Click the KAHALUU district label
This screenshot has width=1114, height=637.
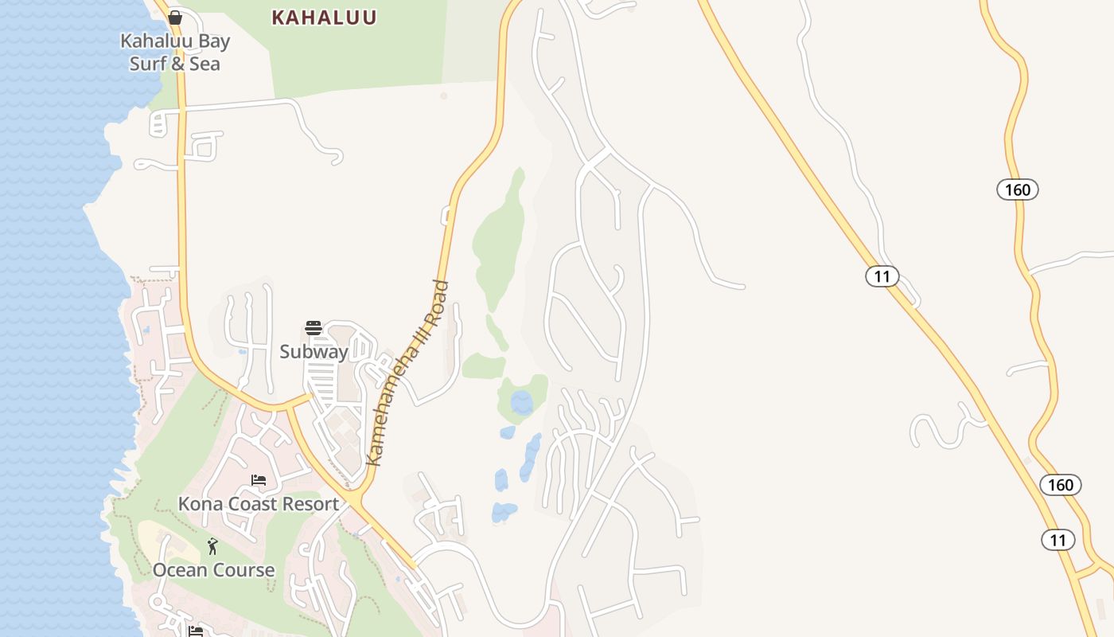click(x=324, y=18)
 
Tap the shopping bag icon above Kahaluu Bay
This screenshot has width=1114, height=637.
click(x=175, y=18)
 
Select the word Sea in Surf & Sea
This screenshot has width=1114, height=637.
click(x=204, y=64)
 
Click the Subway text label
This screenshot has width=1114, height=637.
click(x=314, y=352)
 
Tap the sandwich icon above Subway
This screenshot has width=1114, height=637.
click(x=314, y=328)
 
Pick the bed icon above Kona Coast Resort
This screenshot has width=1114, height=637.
click(x=259, y=480)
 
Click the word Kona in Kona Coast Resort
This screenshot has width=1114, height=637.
click(x=200, y=504)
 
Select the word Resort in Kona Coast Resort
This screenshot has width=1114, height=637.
click(x=311, y=504)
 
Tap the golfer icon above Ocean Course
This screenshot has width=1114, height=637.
click(x=212, y=546)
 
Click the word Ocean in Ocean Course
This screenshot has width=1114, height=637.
click(x=180, y=570)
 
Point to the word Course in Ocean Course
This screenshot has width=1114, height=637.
click(x=243, y=570)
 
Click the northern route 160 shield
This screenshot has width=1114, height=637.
click(x=1017, y=190)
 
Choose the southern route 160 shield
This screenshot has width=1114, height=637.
click(x=1060, y=485)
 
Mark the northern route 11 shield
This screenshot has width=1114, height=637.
click(x=882, y=276)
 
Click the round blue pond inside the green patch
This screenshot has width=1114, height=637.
click(x=522, y=402)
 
